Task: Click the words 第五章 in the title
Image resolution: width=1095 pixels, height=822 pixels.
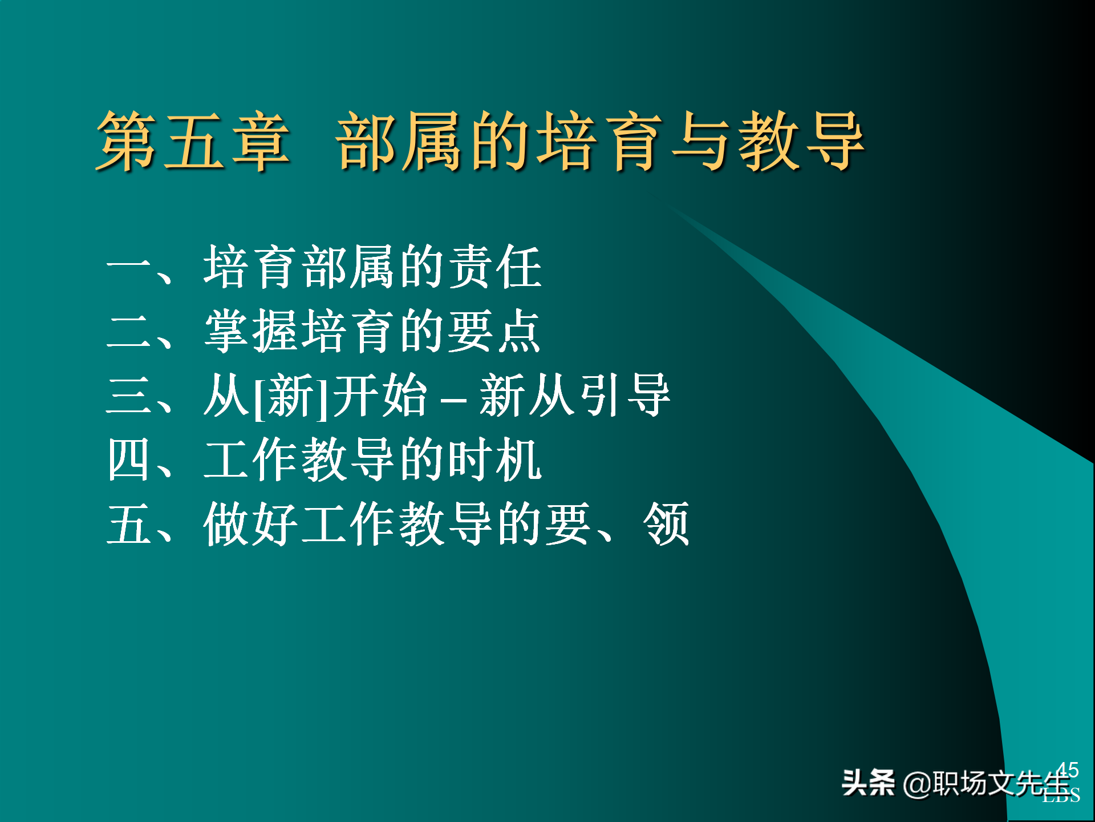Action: tap(193, 141)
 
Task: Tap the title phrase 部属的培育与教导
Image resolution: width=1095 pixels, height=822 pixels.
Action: tap(600, 141)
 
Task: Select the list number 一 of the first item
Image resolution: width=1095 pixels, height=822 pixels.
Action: tap(128, 267)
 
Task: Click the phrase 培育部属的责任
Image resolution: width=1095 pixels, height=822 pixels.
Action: tap(372, 267)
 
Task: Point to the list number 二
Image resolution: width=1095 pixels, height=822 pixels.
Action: tap(128, 331)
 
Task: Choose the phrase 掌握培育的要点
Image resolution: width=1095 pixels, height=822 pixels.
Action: tap(372, 331)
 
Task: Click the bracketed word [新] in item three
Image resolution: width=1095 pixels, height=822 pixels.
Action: tap(291, 396)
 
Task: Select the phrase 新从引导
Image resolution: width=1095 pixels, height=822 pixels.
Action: tap(575, 395)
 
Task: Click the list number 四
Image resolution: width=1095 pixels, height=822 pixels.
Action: tap(128, 460)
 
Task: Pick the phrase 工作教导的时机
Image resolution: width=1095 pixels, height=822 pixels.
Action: tap(372, 460)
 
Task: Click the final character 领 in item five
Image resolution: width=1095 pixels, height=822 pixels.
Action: tap(666, 524)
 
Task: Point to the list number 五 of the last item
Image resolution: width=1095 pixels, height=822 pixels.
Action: tap(128, 524)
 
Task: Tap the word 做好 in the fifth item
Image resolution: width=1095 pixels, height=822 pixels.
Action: tap(251, 524)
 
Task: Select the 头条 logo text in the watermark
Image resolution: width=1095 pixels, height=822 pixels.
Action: tap(868, 783)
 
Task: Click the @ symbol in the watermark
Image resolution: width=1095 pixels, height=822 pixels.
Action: tap(917, 784)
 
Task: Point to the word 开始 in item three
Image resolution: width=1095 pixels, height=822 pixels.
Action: tap(380, 395)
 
